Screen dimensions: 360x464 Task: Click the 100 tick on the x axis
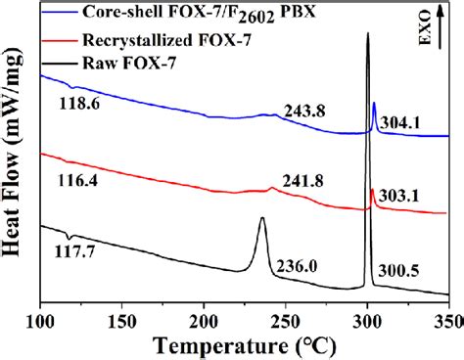pos(40,318)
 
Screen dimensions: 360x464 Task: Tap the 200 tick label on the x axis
pos(204,318)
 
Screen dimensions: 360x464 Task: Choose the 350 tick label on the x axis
pos(447,318)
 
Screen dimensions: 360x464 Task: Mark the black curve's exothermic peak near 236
pos(261,219)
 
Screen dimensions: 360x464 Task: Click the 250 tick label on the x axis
pos(285,318)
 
